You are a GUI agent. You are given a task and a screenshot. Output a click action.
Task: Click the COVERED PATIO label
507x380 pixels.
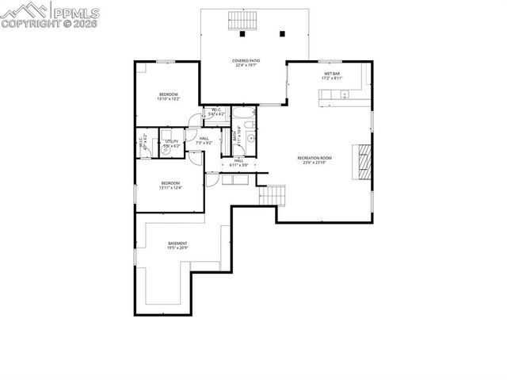click(x=246, y=63)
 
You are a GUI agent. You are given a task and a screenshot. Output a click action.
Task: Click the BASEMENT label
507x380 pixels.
click(x=177, y=245)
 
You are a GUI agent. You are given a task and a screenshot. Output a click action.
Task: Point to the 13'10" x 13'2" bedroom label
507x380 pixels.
click(x=168, y=97)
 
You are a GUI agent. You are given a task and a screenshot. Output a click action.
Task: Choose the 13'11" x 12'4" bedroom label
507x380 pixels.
click(x=170, y=186)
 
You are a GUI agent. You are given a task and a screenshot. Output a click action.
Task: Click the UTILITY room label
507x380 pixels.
click(x=172, y=144)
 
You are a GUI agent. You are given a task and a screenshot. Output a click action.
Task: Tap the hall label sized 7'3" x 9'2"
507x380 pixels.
click(x=204, y=140)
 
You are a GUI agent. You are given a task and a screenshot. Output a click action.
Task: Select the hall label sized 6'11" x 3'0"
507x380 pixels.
click(x=238, y=163)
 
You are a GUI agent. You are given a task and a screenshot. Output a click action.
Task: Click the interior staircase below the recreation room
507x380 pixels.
click(x=273, y=194)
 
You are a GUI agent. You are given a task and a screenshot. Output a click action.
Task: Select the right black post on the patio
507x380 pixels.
click(x=282, y=34)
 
